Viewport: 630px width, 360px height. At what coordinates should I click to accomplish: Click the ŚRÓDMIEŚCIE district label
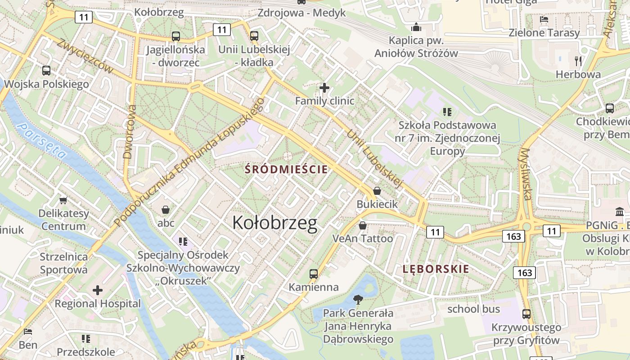click(x=286, y=170)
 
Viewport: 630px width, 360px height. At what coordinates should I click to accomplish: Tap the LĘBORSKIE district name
click(x=436, y=270)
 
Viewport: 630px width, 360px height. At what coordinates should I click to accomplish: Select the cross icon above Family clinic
click(x=324, y=87)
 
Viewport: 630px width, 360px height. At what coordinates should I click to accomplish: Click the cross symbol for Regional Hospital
click(x=98, y=290)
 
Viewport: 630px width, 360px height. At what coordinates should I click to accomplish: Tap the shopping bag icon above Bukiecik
click(x=377, y=191)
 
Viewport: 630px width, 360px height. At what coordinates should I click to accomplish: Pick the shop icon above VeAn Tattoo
click(x=362, y=225)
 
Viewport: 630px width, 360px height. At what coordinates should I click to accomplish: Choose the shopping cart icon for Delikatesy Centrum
click(x=63, y=200)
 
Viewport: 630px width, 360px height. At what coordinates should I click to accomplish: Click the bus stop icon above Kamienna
click(x=314, y=274)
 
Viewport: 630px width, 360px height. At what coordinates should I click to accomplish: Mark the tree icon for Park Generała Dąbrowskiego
click(x=358, y=299)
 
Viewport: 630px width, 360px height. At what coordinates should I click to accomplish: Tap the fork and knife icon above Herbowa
click(x=578, y=61)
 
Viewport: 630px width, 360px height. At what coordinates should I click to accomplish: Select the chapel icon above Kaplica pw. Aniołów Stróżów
click(x=416, y=27)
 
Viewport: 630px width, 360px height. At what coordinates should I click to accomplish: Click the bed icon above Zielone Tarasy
click(x=544, y=19)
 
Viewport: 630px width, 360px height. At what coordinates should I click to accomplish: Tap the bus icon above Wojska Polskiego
click(x=46, y=71)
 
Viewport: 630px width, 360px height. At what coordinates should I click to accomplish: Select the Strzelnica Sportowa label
click(x=63, y=263)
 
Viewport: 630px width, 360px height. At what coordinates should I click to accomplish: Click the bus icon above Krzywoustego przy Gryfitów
click(x=526, y=314)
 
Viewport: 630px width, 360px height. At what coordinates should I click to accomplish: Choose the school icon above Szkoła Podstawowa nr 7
click(x=447, y=112)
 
